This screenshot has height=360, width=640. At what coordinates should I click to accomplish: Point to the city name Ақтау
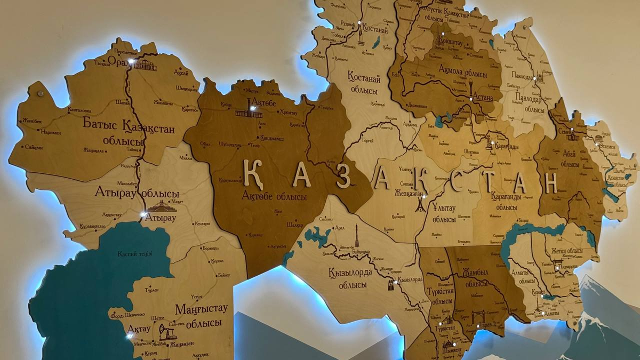click(138, 329)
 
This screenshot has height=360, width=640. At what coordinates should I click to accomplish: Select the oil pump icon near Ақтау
click(167, 332)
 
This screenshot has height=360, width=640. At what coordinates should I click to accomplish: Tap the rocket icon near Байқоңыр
click(357, 235)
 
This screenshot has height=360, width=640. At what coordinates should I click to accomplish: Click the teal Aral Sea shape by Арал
click(318, 236)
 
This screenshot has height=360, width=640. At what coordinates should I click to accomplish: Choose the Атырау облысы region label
click(137, 192)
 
